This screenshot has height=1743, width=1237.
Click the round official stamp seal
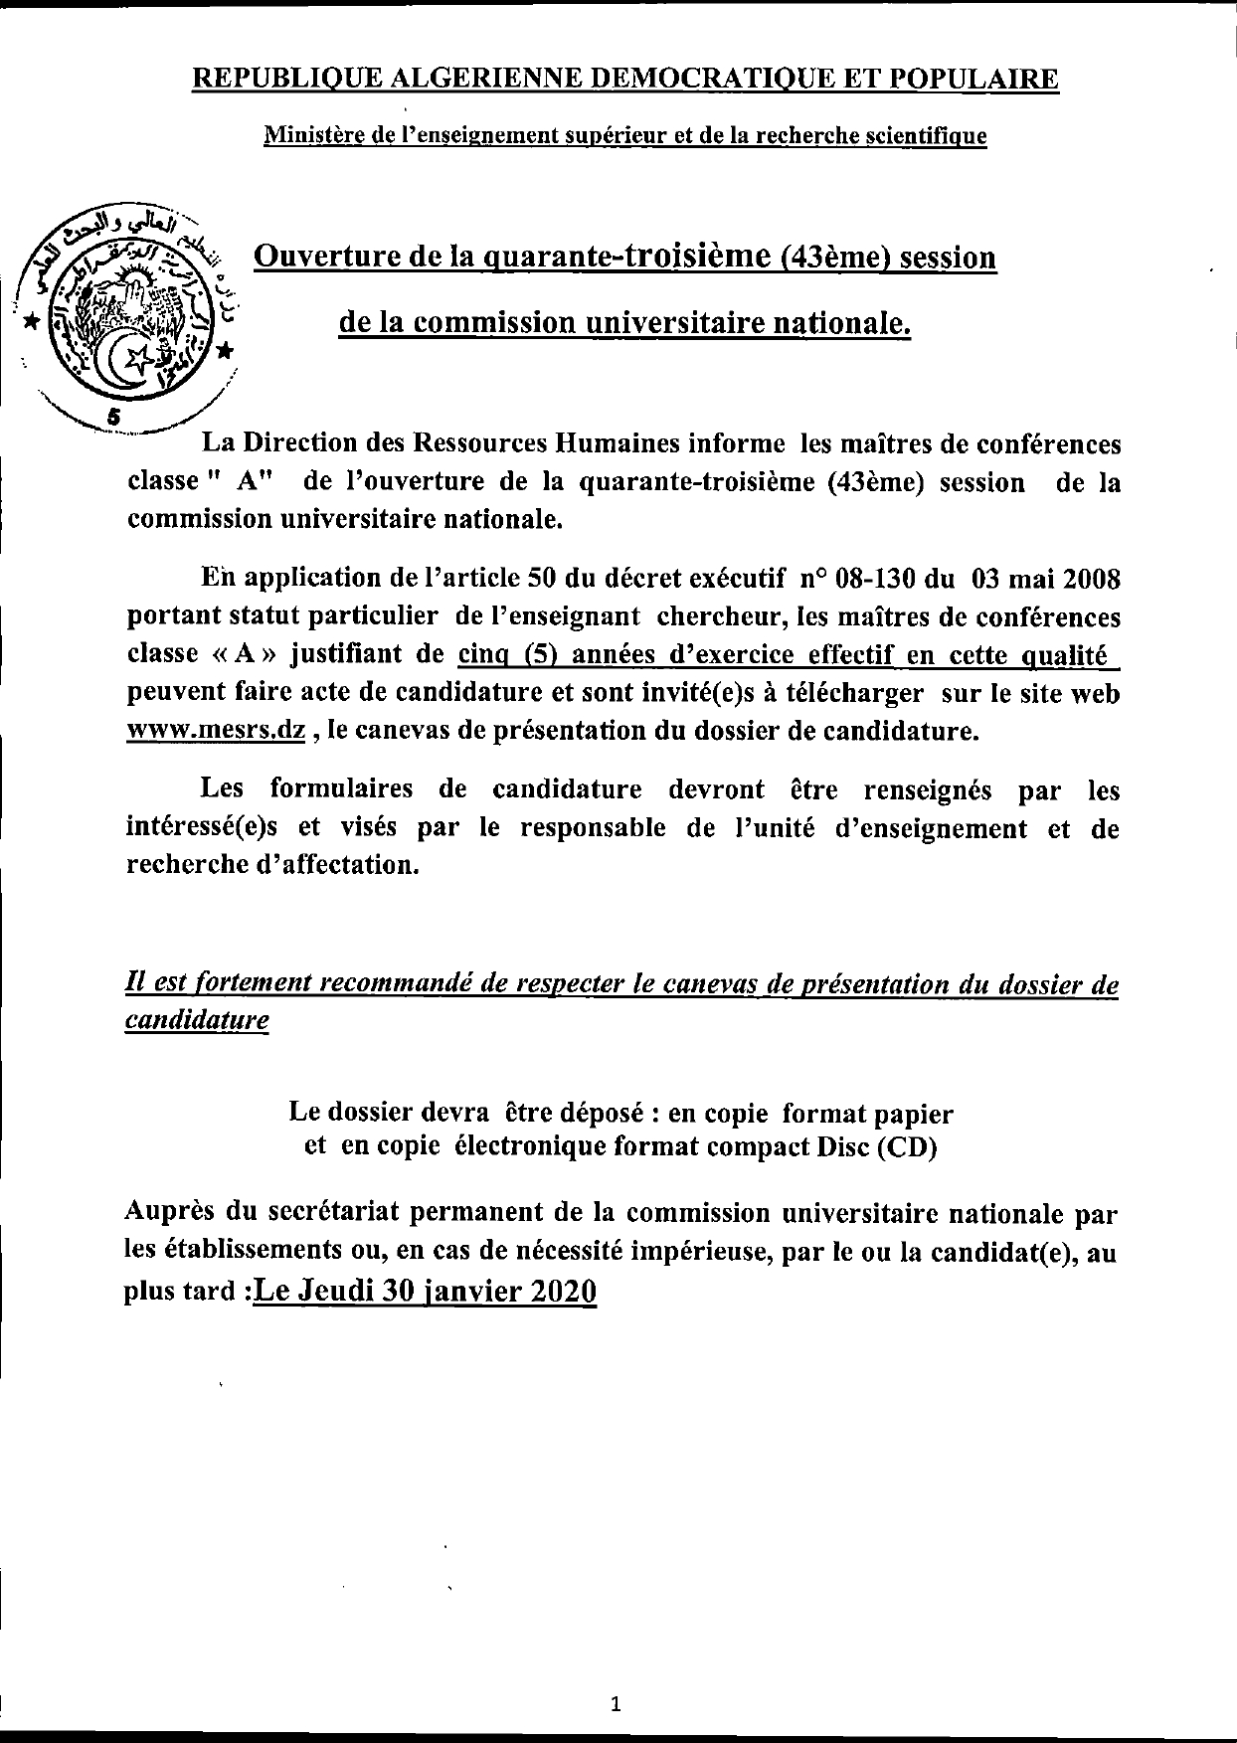click(127, 311)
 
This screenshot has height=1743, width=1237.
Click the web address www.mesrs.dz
click(216, 730)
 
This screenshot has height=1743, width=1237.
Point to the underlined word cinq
click(484, 654)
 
